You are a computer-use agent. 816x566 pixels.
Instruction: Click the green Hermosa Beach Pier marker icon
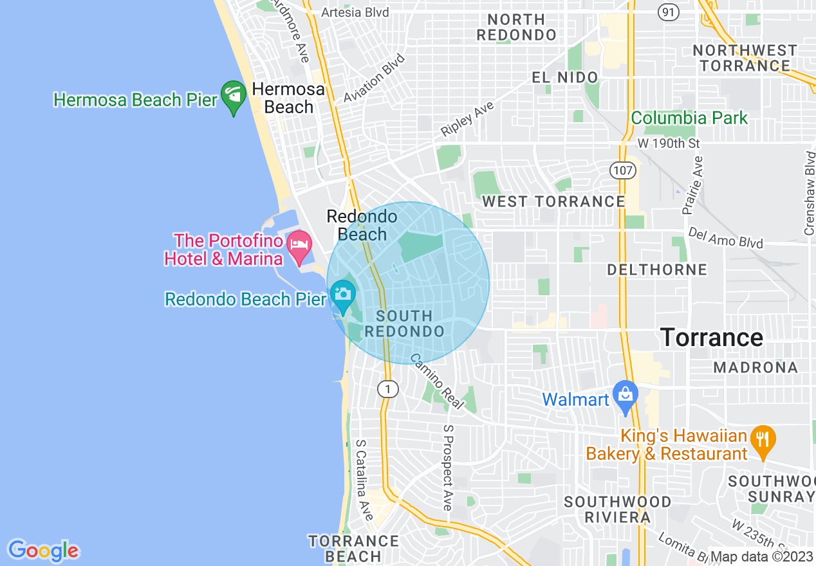pos(233,96)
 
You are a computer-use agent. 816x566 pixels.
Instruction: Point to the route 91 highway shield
pos(669,12)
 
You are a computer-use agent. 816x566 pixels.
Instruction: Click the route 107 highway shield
pos(623,170)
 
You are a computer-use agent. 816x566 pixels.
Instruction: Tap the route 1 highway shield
pos(387,388)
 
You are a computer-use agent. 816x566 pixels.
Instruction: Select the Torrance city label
pos(712,338)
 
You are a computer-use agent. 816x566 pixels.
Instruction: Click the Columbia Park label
pos(689,118)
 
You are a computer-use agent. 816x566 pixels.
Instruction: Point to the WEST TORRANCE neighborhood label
pos(553,202)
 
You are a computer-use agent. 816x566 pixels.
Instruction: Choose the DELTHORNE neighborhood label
pos(657,269)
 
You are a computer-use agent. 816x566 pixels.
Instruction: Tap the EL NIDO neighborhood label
pos(565,78)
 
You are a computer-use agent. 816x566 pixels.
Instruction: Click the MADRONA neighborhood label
pos(756,367)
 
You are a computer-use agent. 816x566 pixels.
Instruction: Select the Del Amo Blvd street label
pos(725,237)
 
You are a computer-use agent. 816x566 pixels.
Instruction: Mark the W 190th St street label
pos(668,143)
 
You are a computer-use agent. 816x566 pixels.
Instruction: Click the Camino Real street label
pos(437,381)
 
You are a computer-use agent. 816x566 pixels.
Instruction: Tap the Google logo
pos(43,551)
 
